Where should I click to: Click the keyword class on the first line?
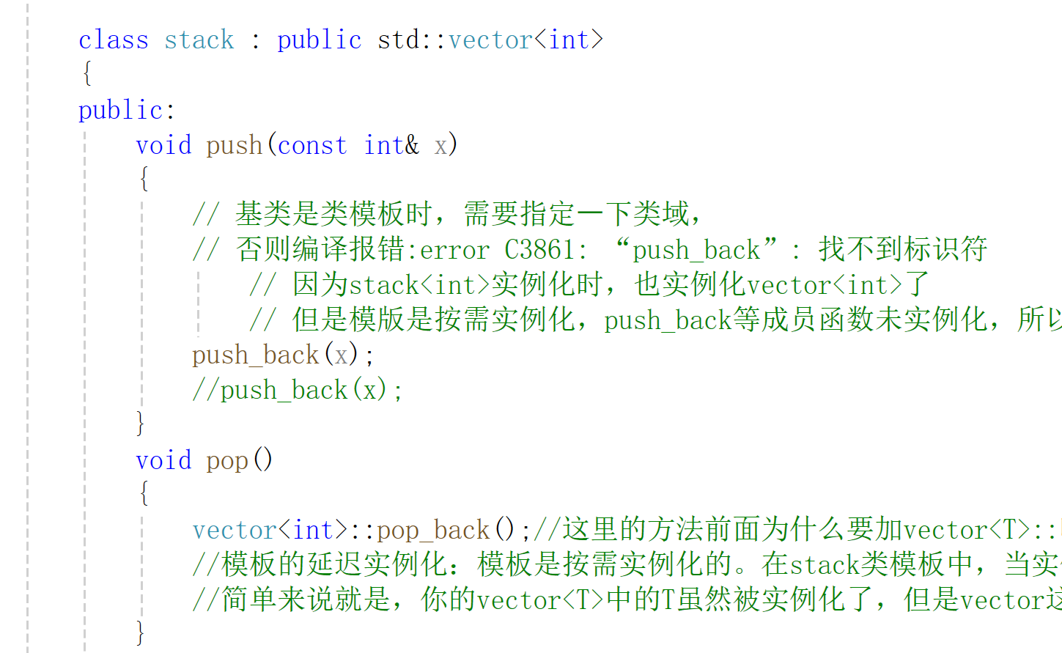pyautogui.click(x=113, y=40)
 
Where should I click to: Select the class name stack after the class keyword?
pyautogui.click(x=199, y=40)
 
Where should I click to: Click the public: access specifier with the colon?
pyautogui.click(x=126, y=110)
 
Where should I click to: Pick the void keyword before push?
pyautogui.click(x=163, y=145)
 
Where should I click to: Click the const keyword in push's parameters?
pyautogui.click(x=312, y=145)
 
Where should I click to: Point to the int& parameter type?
pyautogui.click(x=391, y=145)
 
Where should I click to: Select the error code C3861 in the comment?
pyautogui.click(x=539, y=250)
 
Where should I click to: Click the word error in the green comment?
pyautogui.click(x=454, y=250)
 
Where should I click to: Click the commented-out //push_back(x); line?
pyautogui.click(x=297, y=390)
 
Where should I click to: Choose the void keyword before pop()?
pyautogui.click(x=163, y=460)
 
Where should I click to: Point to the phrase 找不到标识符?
pyautogui.click(x=903, y=249)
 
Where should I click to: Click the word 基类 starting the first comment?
pyautogui.click(x=264, y=214)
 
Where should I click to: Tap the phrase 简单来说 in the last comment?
pyautogui.click(x=279, y=599)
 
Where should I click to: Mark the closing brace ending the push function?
pyautogui.click(x=141, y=423)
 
